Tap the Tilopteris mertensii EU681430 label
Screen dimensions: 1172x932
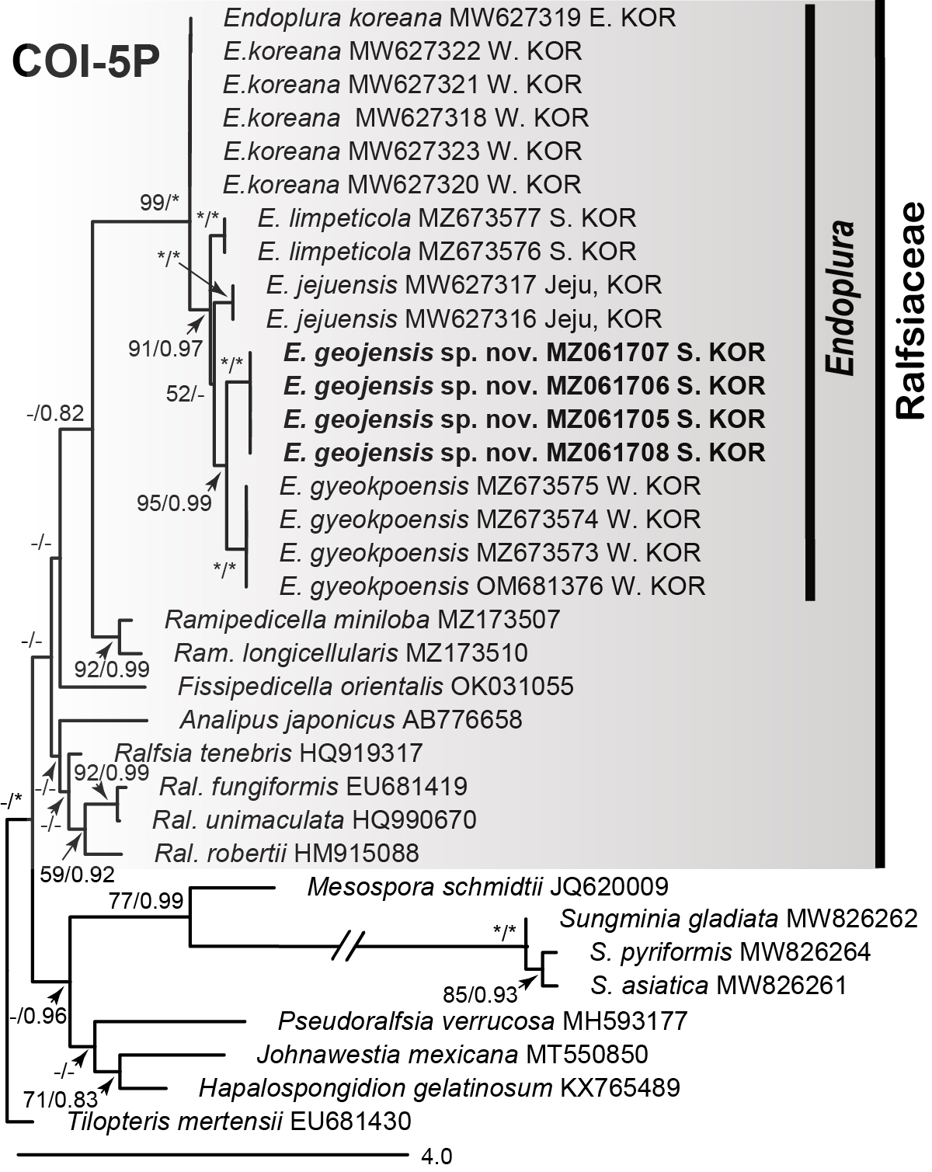(x=238, y=1121)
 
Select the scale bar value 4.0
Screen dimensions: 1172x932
(x=436, y=1156)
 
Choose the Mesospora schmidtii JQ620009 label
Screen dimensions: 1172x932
(x=487, y=886)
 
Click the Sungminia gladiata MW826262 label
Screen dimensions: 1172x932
(x=738, y=919)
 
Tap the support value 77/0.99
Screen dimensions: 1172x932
(x=146, y=901)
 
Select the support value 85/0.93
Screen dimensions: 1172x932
(x=479, y=993)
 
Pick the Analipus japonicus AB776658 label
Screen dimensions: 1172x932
(x=350, y=720)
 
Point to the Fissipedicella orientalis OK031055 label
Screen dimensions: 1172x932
(x=375, y=687)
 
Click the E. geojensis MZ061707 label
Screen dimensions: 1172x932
(x=524, y=353)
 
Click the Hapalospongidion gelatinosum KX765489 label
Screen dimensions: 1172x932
(x=440, y=1087)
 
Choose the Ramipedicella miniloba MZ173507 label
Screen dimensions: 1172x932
(x=362, y=619)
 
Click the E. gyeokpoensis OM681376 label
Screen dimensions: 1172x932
(x=492, y=586)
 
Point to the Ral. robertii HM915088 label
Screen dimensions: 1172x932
(x=287, y=854)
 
